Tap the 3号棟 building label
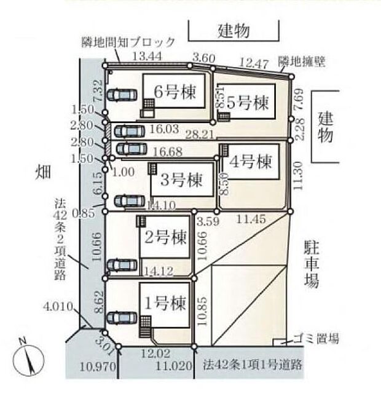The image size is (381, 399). [x=181, y=181]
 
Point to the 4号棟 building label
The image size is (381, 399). [x=251, y=162]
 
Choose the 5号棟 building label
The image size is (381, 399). [x=248, y=101]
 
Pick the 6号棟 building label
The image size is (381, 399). [x=175, y=93]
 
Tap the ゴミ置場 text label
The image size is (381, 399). [x=316, y=339]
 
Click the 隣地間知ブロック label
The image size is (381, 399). [x=128, y=42]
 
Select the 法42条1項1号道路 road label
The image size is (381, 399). [x=253, y=364]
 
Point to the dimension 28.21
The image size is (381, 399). [x=200, y=133]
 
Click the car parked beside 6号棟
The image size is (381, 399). [x=123, y=95]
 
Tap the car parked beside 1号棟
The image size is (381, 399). [x=122, y=318]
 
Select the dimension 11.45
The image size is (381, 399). [x=251, y=218]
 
